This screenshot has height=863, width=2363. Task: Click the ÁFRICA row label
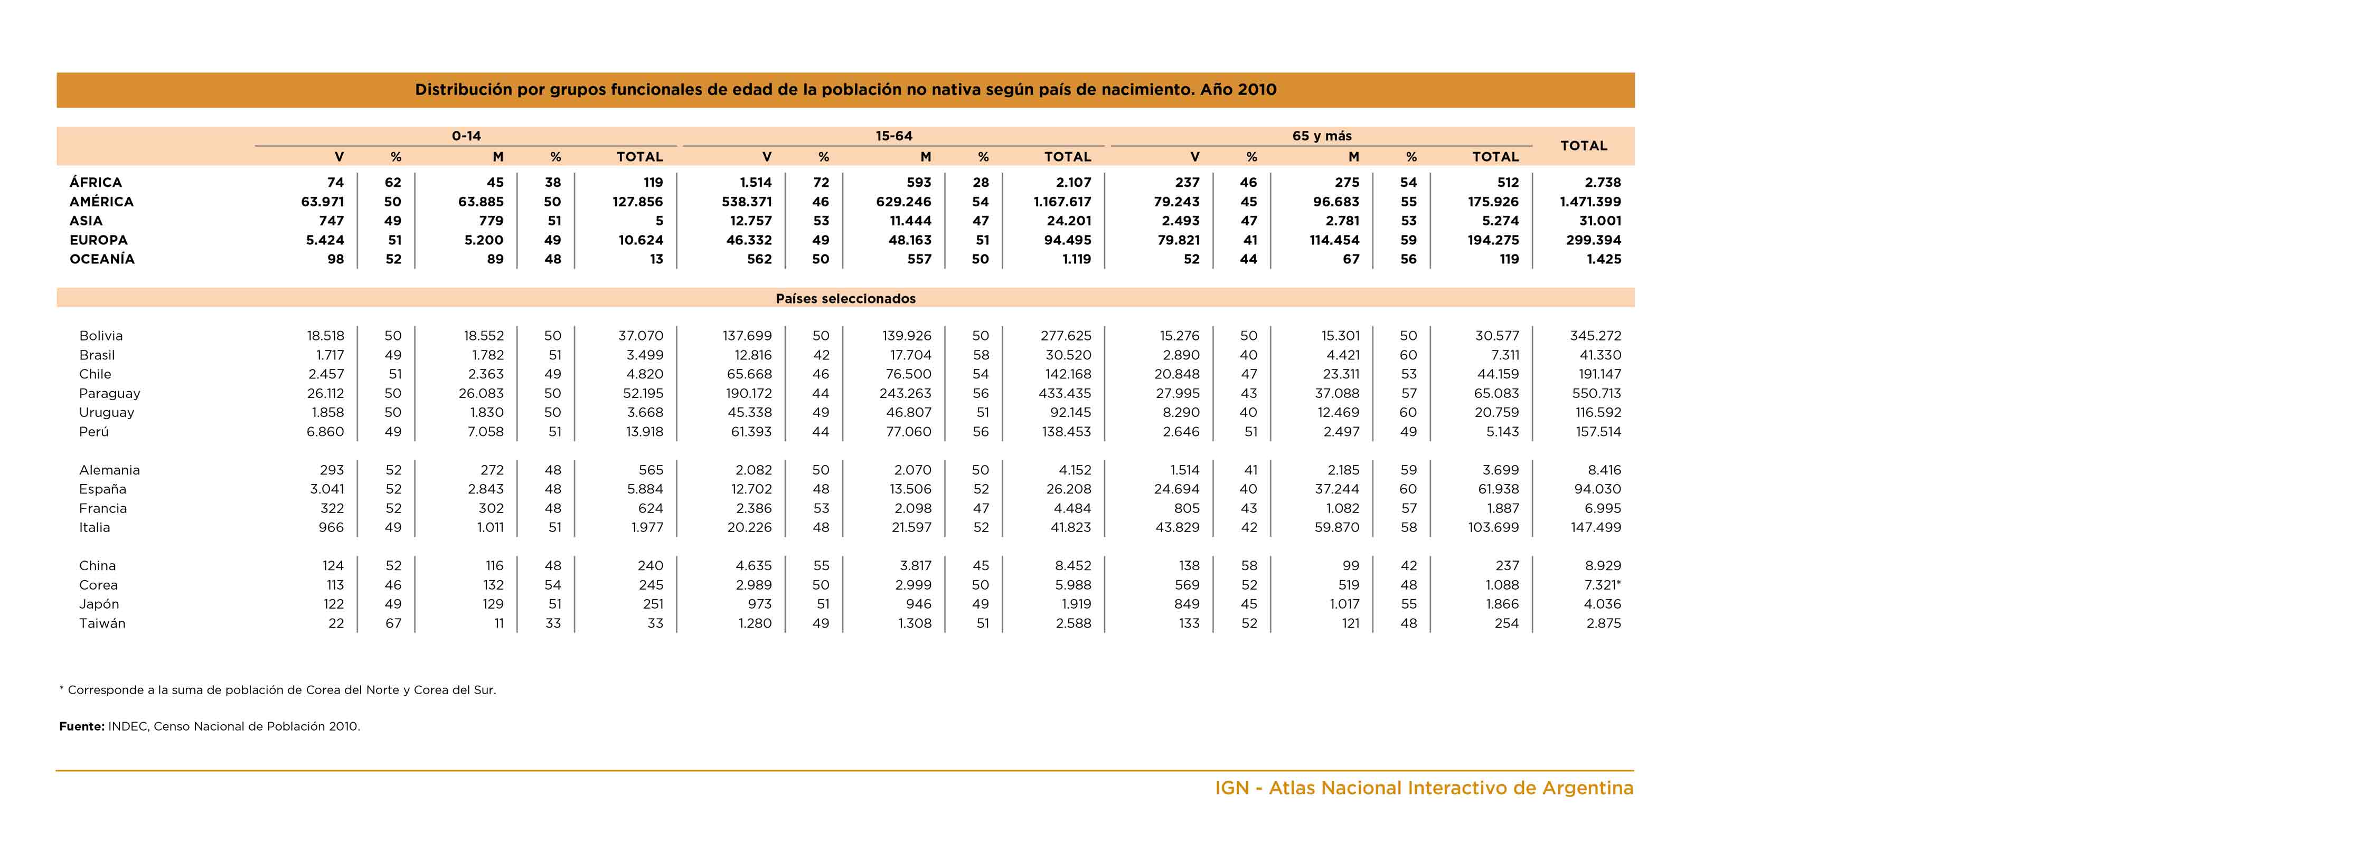coord(96,183)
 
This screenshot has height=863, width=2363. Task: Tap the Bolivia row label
coord(101,336)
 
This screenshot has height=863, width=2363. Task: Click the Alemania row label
coord(109,470)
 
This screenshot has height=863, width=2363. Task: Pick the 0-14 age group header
coord(466,136)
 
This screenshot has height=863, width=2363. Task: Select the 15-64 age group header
coord(893,136)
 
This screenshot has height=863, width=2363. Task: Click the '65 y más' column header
coord(1322,136)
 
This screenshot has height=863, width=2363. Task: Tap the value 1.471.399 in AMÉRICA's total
coord(1590,202)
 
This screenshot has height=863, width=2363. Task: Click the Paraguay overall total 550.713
coord(1595,393)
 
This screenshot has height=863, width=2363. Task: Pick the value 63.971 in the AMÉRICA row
coord(322,202)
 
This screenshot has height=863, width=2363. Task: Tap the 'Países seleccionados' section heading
coord(846,298)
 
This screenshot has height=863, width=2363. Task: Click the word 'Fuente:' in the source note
coord(82,726)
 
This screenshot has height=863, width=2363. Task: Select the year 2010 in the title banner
coord(1257,90)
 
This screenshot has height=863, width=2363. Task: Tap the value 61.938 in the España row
coord(1498,489)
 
